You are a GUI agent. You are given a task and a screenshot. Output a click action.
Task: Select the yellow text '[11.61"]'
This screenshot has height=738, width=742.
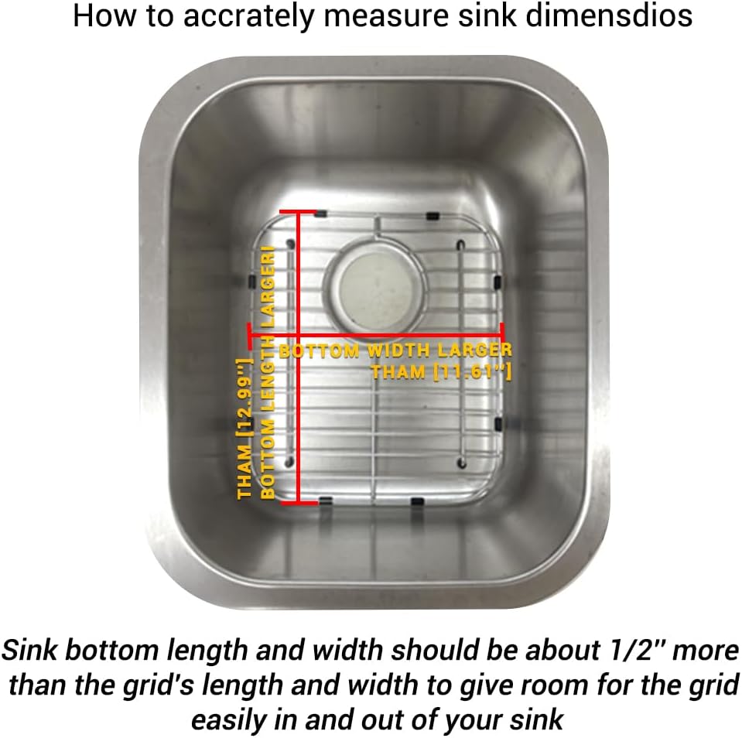pyautogui.click(x=474, y=372)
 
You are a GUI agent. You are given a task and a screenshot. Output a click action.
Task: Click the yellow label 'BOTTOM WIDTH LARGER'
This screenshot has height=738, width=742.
pyautogui.click(x=395, y=351)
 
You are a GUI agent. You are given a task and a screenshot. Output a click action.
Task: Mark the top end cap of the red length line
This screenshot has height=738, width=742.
pyautogui.click(x=299, y=210)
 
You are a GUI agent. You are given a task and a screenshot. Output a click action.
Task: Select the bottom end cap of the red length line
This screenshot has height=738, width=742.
pyautogui.click(x=299, y=503)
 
